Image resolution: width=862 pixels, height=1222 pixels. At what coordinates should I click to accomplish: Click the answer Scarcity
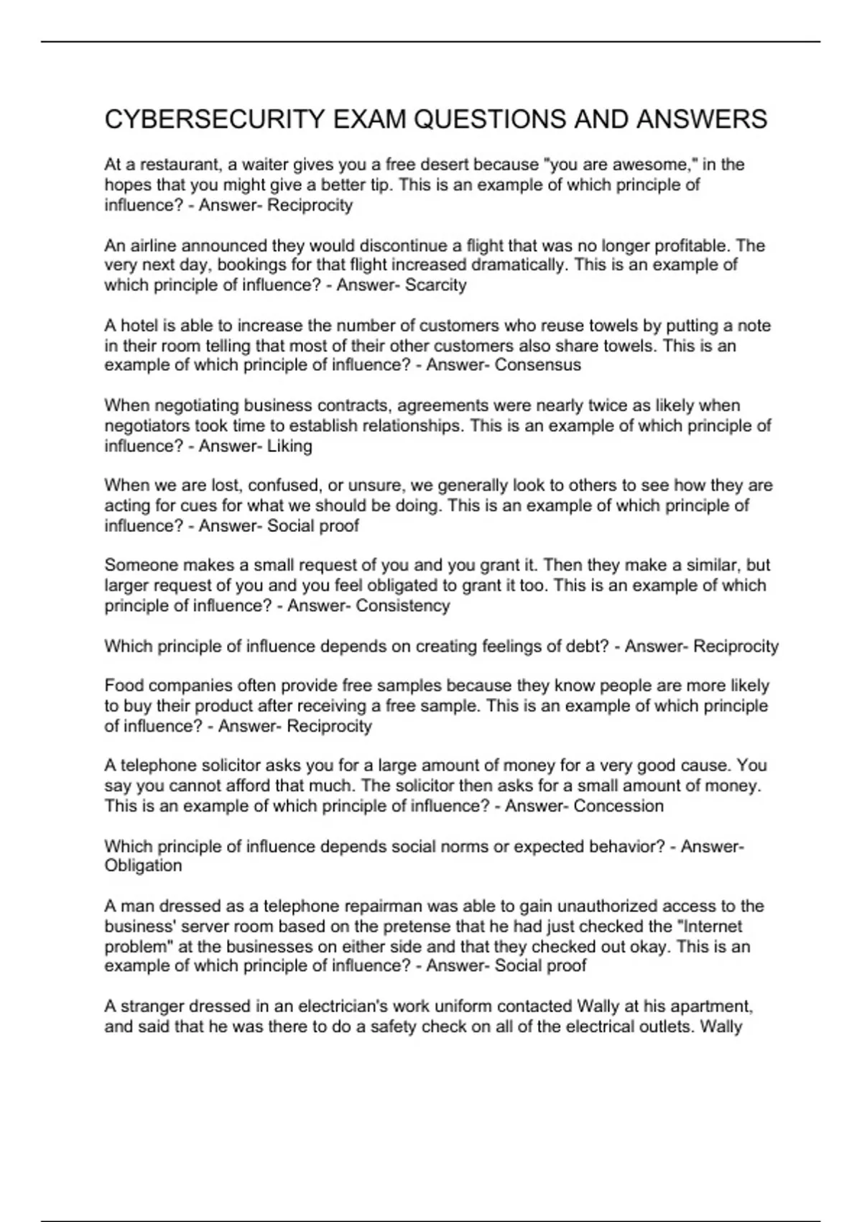point(435,285)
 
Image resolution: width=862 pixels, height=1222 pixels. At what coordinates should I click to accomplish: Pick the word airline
point(152,246)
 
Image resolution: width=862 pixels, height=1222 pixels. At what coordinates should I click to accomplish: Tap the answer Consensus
point(538,365)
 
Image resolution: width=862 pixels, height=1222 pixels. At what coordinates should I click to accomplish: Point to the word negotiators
point(147,426)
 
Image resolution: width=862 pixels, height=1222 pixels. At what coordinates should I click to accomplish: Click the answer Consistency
point(403,606)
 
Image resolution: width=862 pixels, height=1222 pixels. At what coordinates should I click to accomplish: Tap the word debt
point(591,646)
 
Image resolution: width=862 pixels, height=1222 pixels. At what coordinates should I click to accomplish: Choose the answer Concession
point(618,806)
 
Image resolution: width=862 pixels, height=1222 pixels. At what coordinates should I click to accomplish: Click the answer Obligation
point(143,865)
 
